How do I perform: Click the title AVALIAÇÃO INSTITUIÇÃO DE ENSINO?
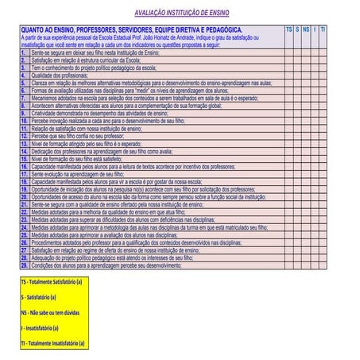point(180,14)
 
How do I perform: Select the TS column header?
point(289,29)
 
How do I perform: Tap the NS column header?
point(307,29)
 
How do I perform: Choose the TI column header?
point(323,29)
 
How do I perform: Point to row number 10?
point(24,120)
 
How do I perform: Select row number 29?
point(24,265)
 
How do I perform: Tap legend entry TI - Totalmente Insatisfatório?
point(52,343)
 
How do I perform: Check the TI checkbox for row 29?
point(323,265)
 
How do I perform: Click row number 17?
point(24,173)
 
